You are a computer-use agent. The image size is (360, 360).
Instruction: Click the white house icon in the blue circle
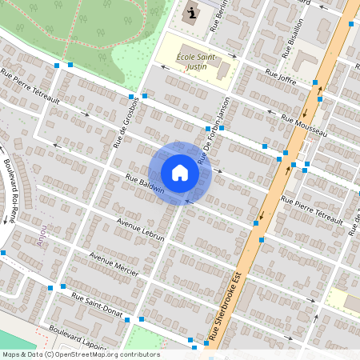(x=180, y=173)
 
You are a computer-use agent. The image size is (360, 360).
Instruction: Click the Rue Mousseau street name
(x=305, y=126)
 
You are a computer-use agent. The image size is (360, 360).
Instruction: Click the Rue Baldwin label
(x=144, y=183)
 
